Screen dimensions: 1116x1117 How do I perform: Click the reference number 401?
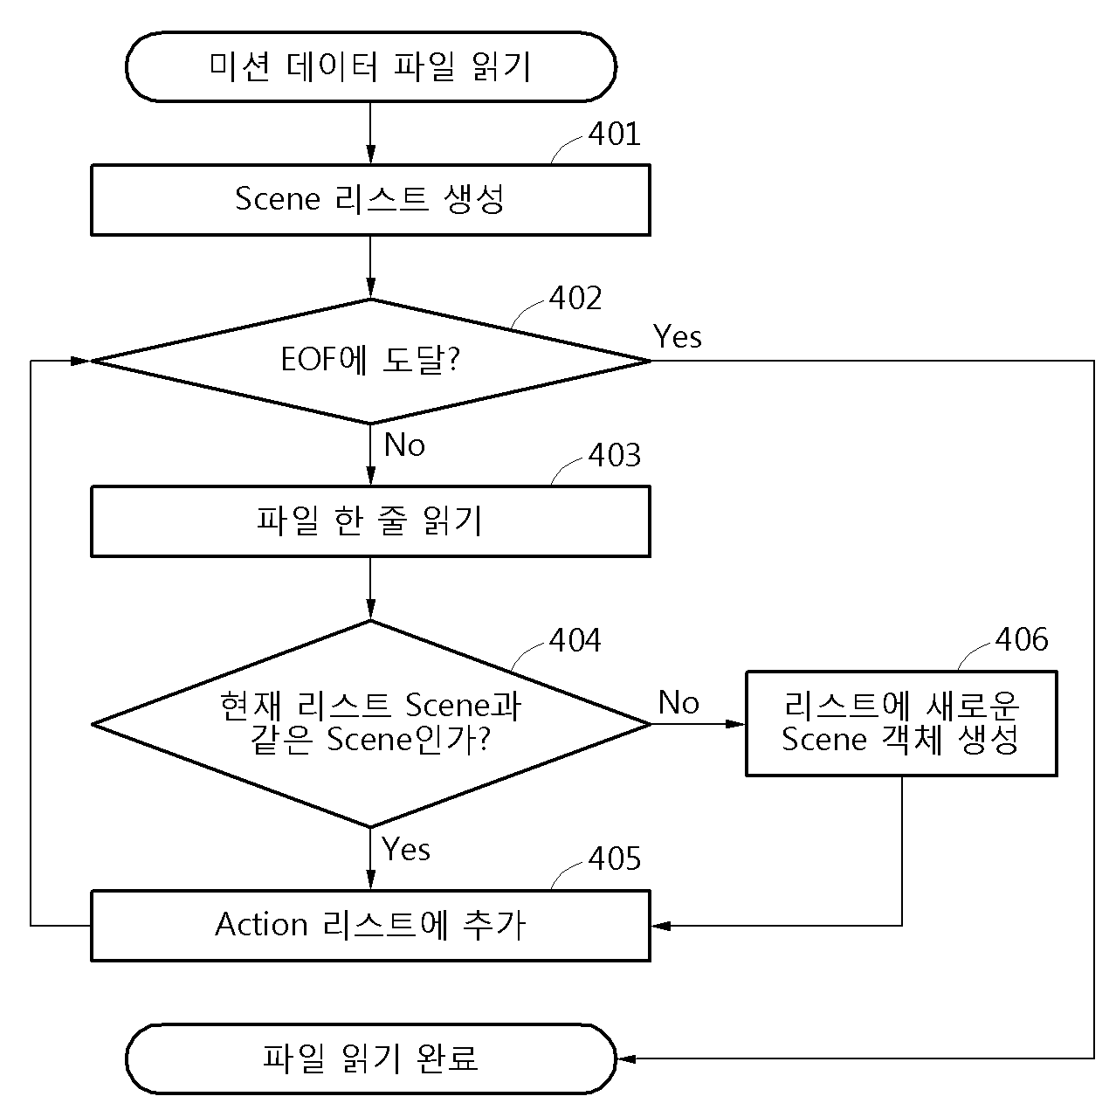pyautogui.click(x=614, y=134)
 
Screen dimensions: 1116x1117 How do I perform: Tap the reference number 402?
pyautogui.click(x=575, y=298)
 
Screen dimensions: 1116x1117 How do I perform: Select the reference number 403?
pyautogui.click(x=615, y=454)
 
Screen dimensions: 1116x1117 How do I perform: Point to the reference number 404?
pyautogui.click(x=575, y=640)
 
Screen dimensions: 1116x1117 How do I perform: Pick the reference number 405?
pyautogui.click(x=615, y=858)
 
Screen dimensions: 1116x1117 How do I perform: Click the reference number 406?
pyautogui.click(x=1022, y=639)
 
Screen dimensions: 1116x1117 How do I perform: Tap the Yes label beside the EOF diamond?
pyautogui.click(x=677, y=336)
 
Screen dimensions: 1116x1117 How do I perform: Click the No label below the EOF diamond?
pyautogui.click(x=404, y=445)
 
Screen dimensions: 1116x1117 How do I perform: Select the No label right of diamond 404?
pyautogui.click(x=679, y=702)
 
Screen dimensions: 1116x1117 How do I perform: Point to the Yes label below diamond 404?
pyautogui.click(x=406, y=849)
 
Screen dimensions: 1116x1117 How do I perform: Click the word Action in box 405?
pyautogui.click(x=261, y=924)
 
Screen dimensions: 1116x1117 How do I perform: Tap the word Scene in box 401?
pyautogui.click(x=277, y=199)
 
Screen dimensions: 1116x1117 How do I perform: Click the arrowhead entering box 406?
pyautogui.click(x=735, y=724)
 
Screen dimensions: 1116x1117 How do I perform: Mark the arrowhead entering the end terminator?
pyautogui.click(x=627, y=1058)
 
